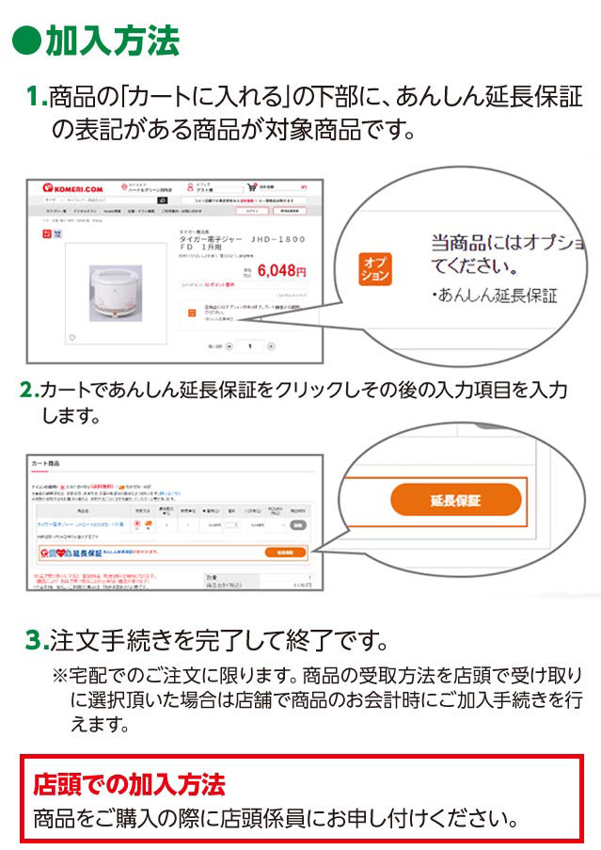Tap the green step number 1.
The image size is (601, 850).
pyautogui.click(x=35, y=96)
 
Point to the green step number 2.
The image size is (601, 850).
pyautogui.click(x=28, y=389)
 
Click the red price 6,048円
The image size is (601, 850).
pyautogui.click(x=280, y=270)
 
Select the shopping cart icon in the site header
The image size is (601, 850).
pyautogui.click(x=251, y=186)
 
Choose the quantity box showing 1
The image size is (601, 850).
pyautogui.click(x=250, y=346)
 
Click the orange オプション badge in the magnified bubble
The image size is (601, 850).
pyautogui.click(x=375, y=267)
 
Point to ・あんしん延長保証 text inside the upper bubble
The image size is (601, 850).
pyautogui.click(x=495, y=296)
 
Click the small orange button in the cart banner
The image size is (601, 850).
pyautogui.click(x=286, y=553)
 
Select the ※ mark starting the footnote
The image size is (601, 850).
pyautogui.click(x=61, y=676)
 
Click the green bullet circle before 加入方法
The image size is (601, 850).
pyautogui.click(x=28, y=41)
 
